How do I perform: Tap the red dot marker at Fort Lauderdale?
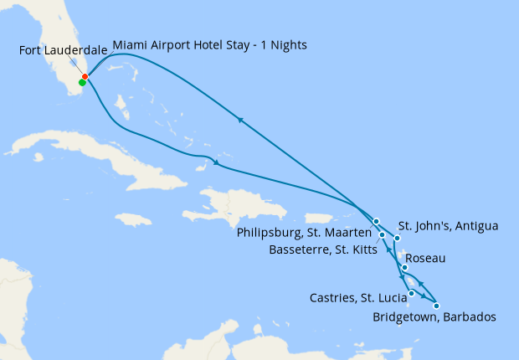(x=85, y=77)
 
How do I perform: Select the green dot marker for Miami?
(x=82, y=82)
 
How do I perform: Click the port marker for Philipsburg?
(x=377, y=221)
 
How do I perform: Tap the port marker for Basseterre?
(x=383, y=235)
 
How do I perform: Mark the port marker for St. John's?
(x=397, y=239)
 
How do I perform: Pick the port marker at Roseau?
(x=404, y=268)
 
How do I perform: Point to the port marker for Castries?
(x=411, y=293)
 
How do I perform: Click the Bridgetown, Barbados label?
(x=435, y=317)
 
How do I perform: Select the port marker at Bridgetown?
(x=436, y=306)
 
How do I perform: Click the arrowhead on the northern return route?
(x=241, y=120)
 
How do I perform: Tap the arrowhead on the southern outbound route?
(x=218, y=163)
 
